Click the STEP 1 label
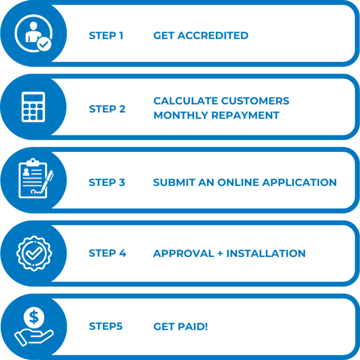106,36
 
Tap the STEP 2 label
107,109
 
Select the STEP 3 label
107,182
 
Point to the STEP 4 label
107,254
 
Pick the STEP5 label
105,326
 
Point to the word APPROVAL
184,254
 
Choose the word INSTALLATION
266,254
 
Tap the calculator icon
34,107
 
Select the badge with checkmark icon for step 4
34,252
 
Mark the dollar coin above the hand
34,317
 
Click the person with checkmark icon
33,34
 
